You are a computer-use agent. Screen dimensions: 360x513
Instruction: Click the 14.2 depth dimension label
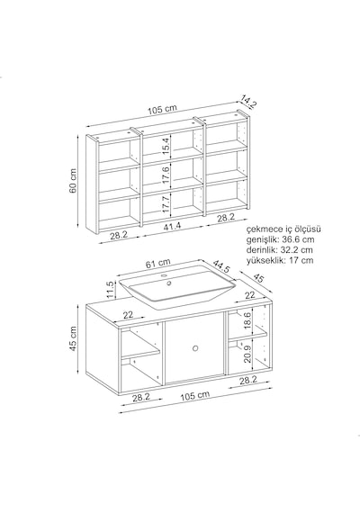click(x=248, y=101)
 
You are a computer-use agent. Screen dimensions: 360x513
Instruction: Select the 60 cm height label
click(x=73, y=181)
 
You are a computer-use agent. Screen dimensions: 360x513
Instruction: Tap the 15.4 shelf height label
click(x=166, y=146)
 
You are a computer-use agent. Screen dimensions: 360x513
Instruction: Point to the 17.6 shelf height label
click(x=166, y=175)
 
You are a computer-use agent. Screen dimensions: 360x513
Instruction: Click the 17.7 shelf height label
click(x=166, y=203)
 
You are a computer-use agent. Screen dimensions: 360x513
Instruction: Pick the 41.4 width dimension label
click(x=173, y=226)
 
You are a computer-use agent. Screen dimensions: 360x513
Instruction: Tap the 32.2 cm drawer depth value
click(x=296, y=250)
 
